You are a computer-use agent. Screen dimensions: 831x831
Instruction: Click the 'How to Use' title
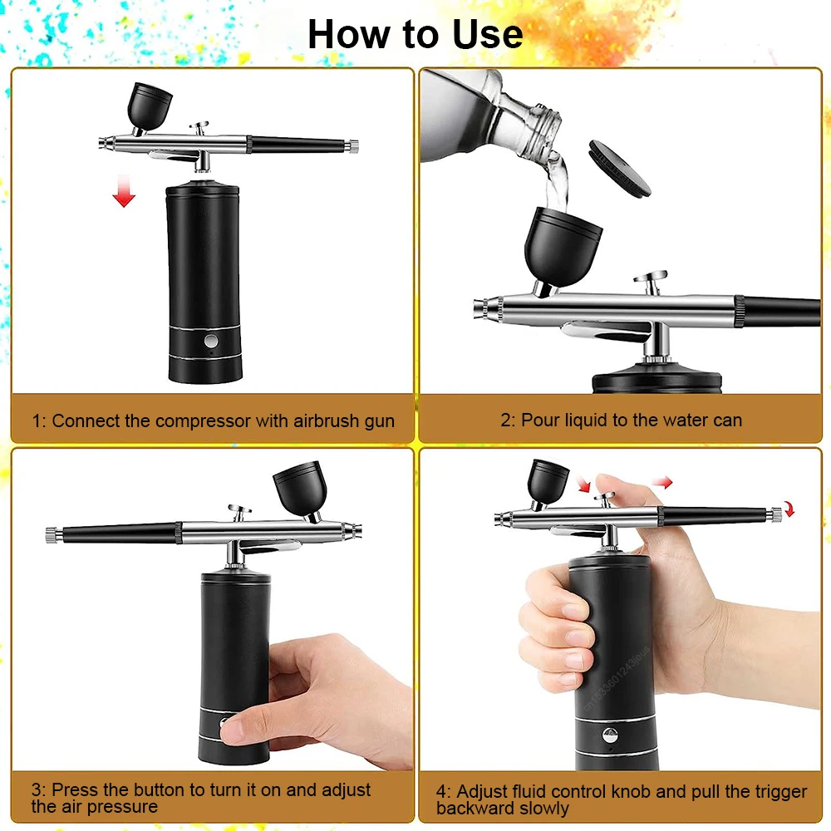(x=415, y=34)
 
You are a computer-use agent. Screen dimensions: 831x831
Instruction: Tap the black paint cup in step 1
(x=149, y=104)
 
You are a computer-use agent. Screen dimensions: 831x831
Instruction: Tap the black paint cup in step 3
(x=297, y=487)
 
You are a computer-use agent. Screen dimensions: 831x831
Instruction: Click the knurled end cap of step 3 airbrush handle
(x=50, y=532)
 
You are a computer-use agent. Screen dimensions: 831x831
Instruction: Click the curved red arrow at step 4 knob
(x=789, y=509)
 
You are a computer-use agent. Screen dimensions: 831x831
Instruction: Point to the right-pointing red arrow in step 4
(x=661, y=481)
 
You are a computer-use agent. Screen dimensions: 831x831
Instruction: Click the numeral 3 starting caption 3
(x=37, y=789)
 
